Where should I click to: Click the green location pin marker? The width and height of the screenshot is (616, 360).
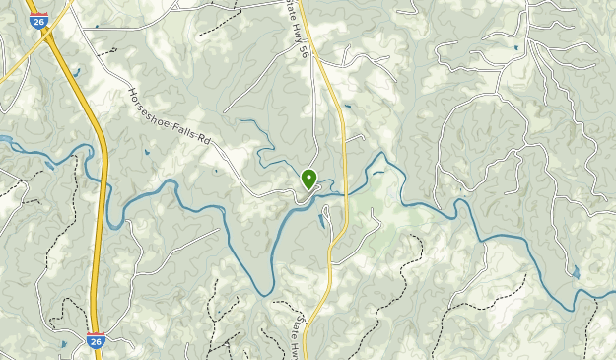[308, 179]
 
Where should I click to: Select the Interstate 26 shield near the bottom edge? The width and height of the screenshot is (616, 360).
[95, 341]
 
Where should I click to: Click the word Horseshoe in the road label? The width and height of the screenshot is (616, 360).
[152, 109]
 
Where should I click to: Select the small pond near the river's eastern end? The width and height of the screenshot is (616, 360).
[576, 270]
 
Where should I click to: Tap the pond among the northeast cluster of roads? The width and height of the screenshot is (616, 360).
[514, 46]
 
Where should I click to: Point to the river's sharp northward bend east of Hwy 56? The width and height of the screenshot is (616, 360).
[380, 158]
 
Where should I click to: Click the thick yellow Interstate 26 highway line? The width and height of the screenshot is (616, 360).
[99, 247]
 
